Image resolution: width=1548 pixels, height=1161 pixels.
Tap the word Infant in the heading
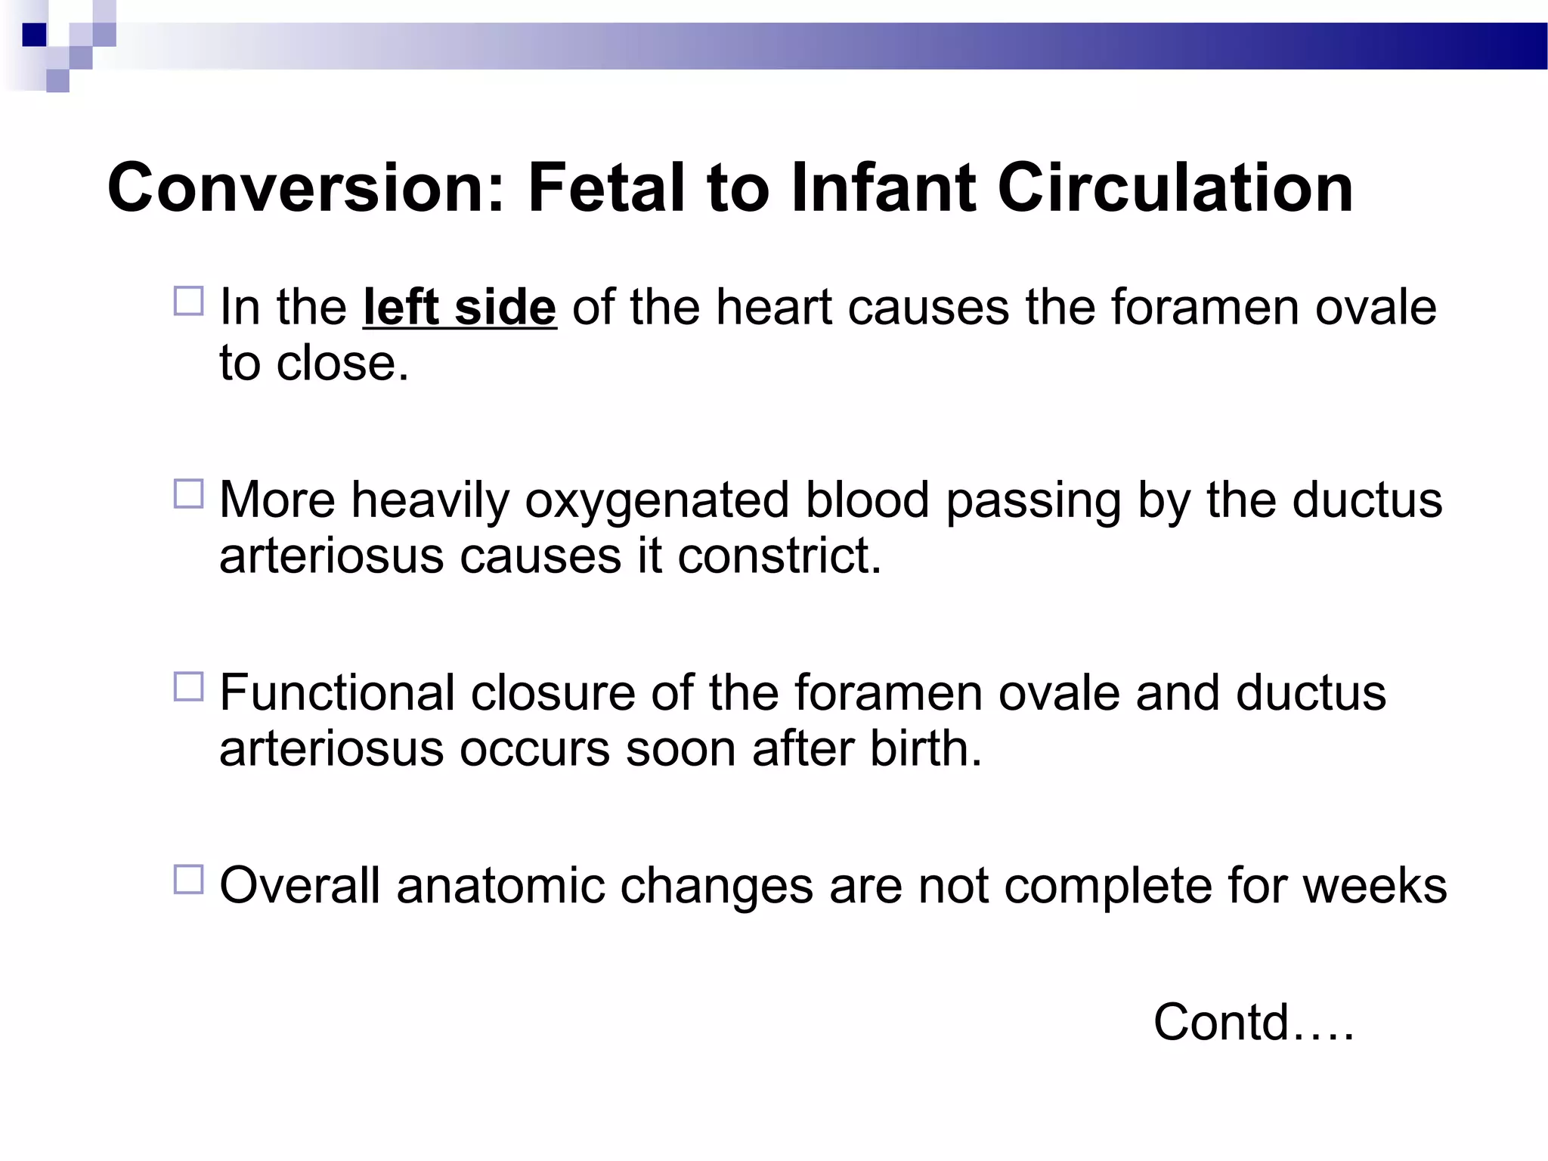coord(885,189)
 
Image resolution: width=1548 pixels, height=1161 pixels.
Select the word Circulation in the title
coord(1175,189)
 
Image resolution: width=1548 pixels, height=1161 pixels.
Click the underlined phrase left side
coord(460,308)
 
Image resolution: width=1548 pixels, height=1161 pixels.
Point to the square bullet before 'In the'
coord(189,301)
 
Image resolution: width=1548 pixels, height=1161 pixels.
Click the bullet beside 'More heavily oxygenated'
coord(189,494)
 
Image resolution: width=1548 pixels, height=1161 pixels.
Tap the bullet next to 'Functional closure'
coord(189,686)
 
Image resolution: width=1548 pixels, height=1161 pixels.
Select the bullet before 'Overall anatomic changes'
coord(189,879)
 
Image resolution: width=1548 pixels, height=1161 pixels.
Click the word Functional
coord(337,693)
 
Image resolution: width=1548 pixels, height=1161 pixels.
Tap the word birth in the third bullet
coord(925,749)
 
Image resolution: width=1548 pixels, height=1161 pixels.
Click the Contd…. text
coord(1253,1023)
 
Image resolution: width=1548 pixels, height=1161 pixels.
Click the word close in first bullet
coord(342,364)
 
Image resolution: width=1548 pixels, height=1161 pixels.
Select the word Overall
coord(299,886)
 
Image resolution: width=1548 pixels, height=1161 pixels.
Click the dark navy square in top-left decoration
coord(34,35)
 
